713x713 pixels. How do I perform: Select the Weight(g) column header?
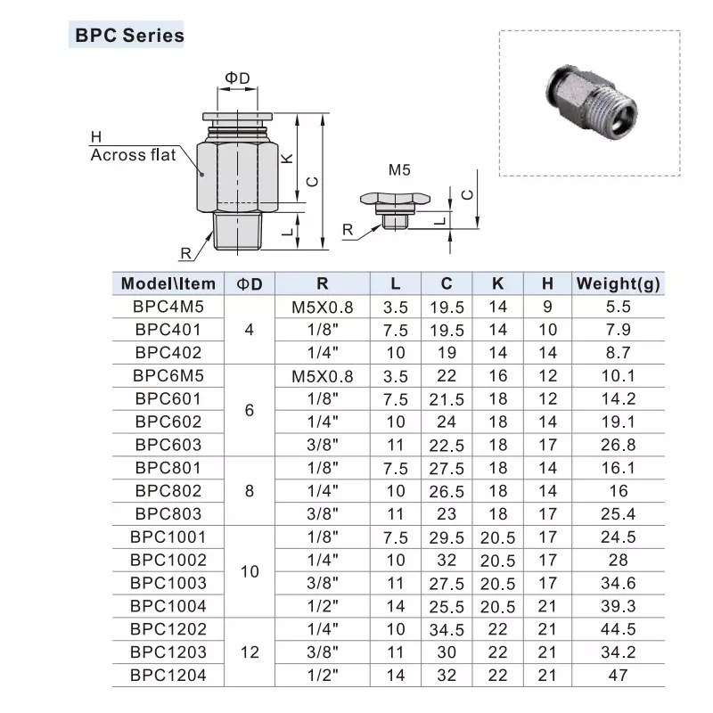pyautogui.click(x=619, y=283)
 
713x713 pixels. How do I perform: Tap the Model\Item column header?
pyautogui.click(x=168, y=283)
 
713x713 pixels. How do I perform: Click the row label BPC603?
pyautogui.click(x=168, y=444)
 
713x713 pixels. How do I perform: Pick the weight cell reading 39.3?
pyautogui.click(x=619, y=606)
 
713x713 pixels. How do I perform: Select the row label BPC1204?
pyautogui.click(x=168, y=676)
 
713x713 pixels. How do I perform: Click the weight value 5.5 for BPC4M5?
pyautogui.click(x=619, y=307)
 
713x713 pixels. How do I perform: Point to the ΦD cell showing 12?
pyautogui.click(x=250, y=652)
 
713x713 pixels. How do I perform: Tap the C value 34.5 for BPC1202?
pyautogui.click(x=447, y=629)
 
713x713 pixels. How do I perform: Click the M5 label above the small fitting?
pyautogui.click(x=397, y=168)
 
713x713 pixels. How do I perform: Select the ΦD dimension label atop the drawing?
pyautogui.click(x=236, y=78)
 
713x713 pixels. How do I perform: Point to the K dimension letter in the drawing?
pyautogui.click(x=286, y=158)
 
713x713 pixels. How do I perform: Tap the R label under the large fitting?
pyautogui.click(x=185, y=253)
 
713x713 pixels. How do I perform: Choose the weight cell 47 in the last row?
pyautogui.click(x=619, y=676)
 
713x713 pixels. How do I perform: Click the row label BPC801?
pyautogui.click(x=168, y=467)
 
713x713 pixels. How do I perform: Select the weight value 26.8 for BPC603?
pyautogui.click(x=619, y=444)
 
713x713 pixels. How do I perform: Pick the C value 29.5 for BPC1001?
pyautogui.click(x=447, y=537)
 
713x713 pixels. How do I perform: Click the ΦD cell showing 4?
pyautogui.click(x=250, y=330)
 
